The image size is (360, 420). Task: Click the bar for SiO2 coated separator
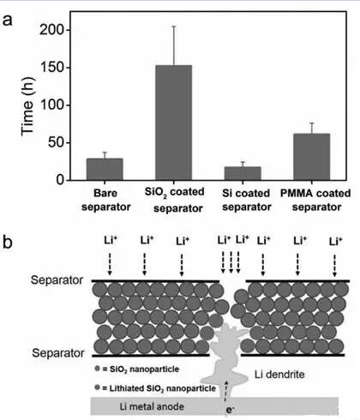(x=173, y=123)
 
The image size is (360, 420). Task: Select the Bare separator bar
(x=105, y=169)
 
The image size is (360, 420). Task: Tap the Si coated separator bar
(x=243, y=173)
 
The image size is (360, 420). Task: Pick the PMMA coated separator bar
(x=312, y=157)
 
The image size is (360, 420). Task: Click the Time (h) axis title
(x=27, y=106)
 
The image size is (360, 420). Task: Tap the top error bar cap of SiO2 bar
(x=173, y=27)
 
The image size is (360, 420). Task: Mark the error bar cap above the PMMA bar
(x=312, y=123)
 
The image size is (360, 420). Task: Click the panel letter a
(x=8, y=21)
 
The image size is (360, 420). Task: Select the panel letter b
(x=8, y=242)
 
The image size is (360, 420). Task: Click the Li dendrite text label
(x=279, y=375)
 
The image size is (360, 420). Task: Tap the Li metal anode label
(x=152, y=406)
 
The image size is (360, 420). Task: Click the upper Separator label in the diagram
(x=57, y=280)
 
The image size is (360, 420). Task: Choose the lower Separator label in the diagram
(x=58, y=353)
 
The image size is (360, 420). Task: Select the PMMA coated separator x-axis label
(x=315, y=200)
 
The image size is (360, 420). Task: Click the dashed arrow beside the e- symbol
(x=225, y=391)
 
